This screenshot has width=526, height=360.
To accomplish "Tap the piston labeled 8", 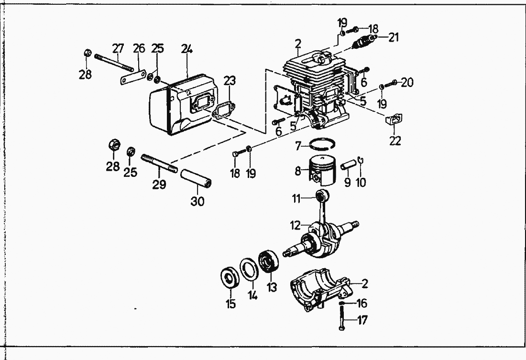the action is coord(321,170).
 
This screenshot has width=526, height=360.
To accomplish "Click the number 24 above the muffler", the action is coord(187,49).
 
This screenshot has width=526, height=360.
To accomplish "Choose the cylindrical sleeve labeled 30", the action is coord(197,178).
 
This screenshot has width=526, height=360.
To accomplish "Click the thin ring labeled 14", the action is coord(249,268).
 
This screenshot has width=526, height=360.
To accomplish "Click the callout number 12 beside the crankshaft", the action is coord(295,226).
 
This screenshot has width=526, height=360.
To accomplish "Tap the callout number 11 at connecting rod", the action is coord(296,198).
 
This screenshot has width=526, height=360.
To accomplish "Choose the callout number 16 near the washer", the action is coord(362,303).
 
